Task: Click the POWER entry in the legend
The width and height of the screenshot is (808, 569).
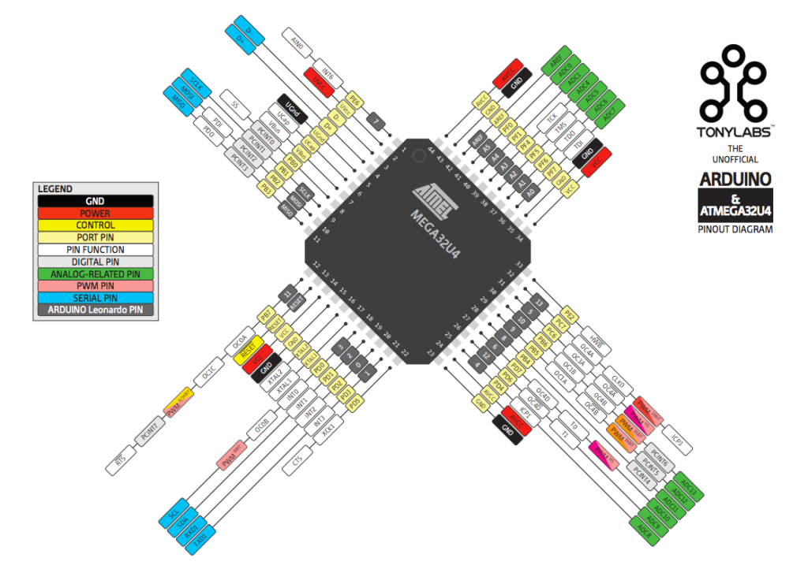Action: point(95,213)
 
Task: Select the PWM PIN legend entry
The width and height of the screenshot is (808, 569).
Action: point(95,285)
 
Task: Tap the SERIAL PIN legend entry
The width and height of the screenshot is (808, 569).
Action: point(95,298)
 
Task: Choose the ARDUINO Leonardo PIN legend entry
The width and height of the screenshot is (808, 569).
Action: point(95,310)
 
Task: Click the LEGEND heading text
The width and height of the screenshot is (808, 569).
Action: point(55,189)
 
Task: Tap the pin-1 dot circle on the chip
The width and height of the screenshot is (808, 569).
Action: point(419,155)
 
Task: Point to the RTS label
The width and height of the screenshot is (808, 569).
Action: point(121,463)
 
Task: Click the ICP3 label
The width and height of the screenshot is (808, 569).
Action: point(675,441)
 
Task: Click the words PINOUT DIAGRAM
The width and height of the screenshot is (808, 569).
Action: point(735,229)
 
